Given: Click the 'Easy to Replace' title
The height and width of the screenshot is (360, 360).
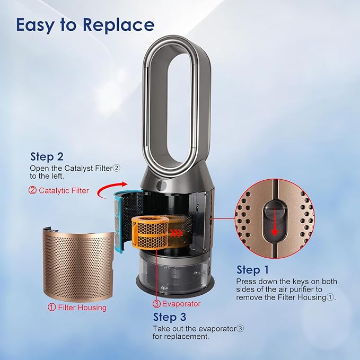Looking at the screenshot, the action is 85,25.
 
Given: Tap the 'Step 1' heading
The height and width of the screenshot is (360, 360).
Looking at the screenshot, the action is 252,269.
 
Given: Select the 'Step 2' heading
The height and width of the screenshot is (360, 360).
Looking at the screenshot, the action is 47,156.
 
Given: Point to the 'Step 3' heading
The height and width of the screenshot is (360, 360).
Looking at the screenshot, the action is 170,317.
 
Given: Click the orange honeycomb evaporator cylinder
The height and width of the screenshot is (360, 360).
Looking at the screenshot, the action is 150,232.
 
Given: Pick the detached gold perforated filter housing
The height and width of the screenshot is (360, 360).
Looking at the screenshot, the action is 78,264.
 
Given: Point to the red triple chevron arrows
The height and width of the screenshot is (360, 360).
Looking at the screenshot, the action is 175,233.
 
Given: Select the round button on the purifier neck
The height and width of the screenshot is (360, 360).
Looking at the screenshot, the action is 162,185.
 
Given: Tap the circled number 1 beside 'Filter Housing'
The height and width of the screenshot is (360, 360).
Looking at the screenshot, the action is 51,307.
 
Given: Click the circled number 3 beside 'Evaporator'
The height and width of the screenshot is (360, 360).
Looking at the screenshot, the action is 156,304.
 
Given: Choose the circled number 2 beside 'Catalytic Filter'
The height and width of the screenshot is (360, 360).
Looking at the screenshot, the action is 32,190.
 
